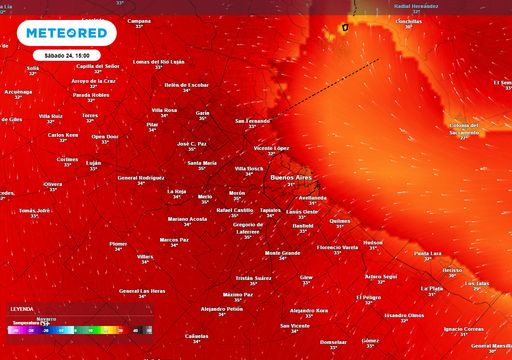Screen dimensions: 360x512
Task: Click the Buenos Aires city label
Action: point(290,176)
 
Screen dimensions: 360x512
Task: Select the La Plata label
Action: point(434,288)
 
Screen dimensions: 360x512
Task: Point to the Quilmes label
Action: point(340,220)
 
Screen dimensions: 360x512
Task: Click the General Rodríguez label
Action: point(141,177)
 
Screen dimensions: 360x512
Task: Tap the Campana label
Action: point(139,21)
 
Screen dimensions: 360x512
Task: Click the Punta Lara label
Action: point(428,253)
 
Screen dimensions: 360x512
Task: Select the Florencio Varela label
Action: point(337,246)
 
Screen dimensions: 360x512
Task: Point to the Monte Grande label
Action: point(282,253)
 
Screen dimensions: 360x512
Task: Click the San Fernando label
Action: point(252,121)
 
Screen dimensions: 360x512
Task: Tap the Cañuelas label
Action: point(197,335)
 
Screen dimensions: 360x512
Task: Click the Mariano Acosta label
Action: point(187,218)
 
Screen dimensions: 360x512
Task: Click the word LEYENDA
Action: point(21,310)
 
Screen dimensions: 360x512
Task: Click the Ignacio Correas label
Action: point(463,328)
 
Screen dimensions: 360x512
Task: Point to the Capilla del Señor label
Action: point(98,65)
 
